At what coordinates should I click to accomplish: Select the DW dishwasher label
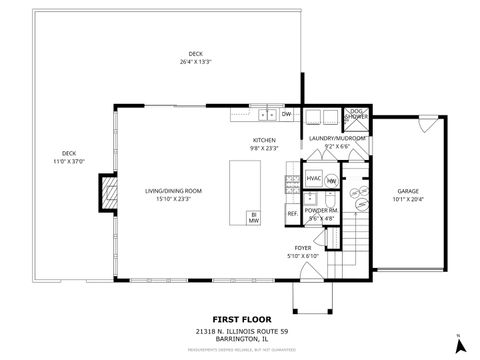pyautogui.click(x=286, y=115)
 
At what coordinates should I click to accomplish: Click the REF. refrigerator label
pyautogui.click(x=292, y=213)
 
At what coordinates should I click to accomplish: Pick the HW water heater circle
pyautogui.click(x=330, y=181)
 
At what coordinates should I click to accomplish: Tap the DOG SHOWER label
pyautogui.click(x=355, y=115)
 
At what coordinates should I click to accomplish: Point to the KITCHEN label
pyautogui.click(x=264, y=140)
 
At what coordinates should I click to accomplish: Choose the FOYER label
pyautogui.click(x=302, y=247)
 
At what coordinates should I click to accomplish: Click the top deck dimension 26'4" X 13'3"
pyautogui.click(x=195, y=62)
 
